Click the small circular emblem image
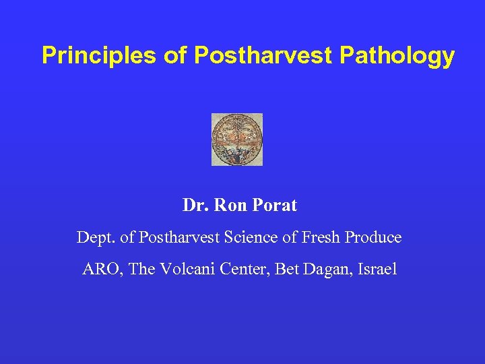(x=236, y=140)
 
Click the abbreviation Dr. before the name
(x=196, y=206)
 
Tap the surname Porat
(x=274, y=206)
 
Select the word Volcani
(x=183, y=270)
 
